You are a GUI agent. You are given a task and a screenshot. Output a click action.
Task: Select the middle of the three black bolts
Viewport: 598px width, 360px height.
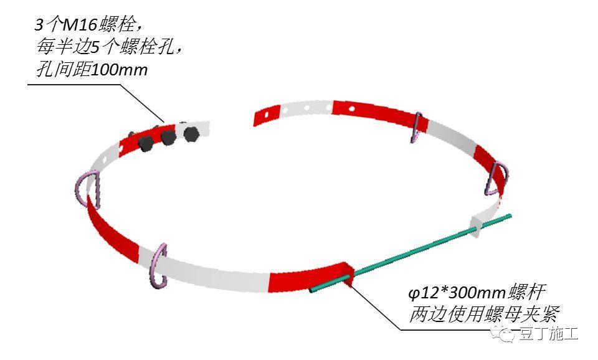click(168, 137)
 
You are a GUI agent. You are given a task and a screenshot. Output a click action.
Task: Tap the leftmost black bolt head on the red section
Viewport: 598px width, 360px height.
click(145, 144)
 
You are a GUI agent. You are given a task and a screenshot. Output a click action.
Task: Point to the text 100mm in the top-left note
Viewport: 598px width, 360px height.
click(119, 70)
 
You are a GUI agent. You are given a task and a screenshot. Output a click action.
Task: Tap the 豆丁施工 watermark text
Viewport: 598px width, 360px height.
click(548, 334)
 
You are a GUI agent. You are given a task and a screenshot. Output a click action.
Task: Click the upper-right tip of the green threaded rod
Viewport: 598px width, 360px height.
click(510, 217)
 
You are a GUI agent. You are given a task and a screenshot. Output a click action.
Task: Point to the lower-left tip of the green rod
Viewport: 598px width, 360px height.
click(312, 290)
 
